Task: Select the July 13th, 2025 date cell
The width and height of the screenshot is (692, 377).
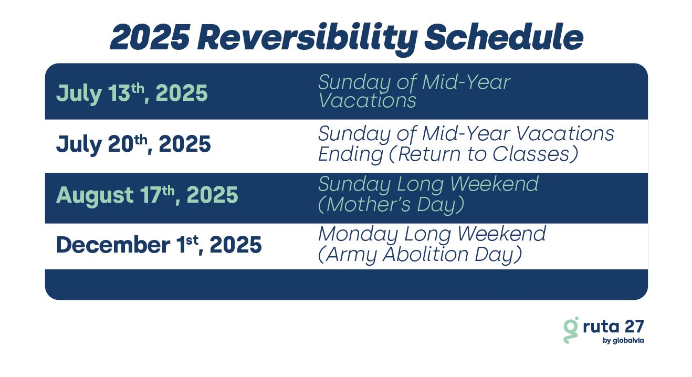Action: [132, 93]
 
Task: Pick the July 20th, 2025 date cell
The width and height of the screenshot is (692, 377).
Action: [133, 144]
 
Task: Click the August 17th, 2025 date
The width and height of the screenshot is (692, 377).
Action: [147, 195]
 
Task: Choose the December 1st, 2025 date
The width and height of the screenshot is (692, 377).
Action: [159, 245]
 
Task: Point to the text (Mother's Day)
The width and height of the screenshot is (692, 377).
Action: [391, 205]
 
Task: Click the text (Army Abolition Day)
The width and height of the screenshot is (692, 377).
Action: [420, 254]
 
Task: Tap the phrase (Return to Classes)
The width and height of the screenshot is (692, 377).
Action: [484, 154]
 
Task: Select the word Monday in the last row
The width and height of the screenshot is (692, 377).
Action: [359, 235]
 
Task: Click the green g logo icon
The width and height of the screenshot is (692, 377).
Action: [571, 330]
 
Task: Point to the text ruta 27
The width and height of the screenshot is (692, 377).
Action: [613, 326]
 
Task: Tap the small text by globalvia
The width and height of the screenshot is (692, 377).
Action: [623, 341]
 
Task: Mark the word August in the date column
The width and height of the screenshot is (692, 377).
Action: [95, 196]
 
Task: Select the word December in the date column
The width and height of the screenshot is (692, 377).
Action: [113, 245]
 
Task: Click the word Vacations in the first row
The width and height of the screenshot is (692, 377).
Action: [367, 100]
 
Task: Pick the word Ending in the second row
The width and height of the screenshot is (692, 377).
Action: [351, 154]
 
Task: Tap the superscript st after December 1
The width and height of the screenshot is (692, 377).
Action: [192, 240]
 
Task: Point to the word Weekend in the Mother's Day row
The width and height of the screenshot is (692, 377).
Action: [494, 184]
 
